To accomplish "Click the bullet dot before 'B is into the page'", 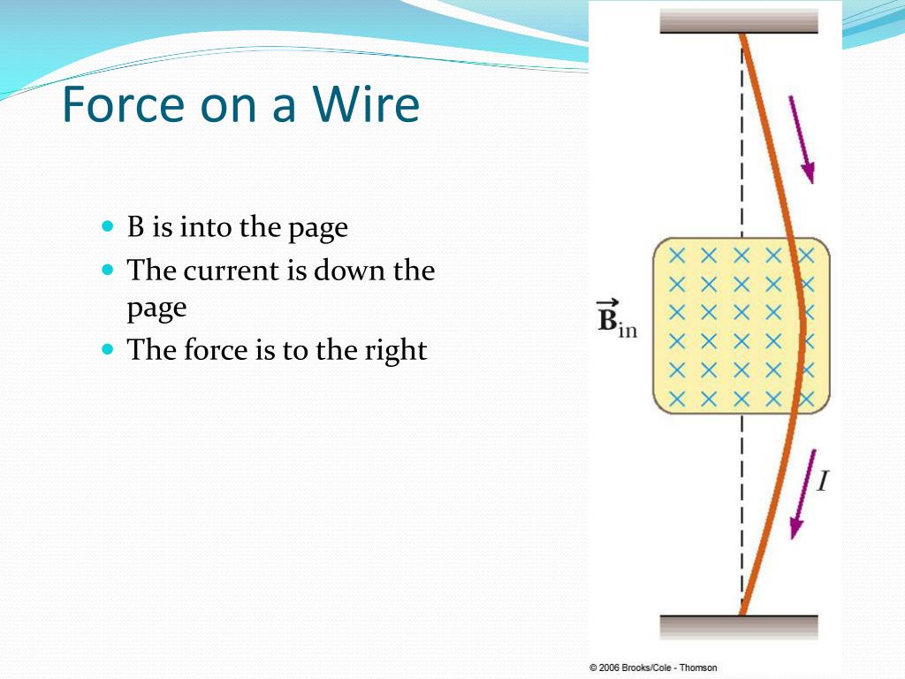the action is (x=109, y=226).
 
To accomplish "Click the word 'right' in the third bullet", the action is (x=395, y=350).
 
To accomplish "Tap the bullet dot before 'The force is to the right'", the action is (x=109, y=349).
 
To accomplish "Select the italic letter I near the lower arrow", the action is (x=823, y=482).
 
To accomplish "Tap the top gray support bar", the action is (x=739, y=20).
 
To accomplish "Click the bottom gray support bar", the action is (x=739, y=627).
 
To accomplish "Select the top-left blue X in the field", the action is (x=677, y=256).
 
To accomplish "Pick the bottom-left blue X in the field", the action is (x=677, y=398).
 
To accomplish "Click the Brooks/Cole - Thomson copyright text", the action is (x=653, y=668).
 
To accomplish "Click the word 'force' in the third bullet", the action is (x=213, y=350).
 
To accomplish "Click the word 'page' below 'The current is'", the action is (x=156, y=309).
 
